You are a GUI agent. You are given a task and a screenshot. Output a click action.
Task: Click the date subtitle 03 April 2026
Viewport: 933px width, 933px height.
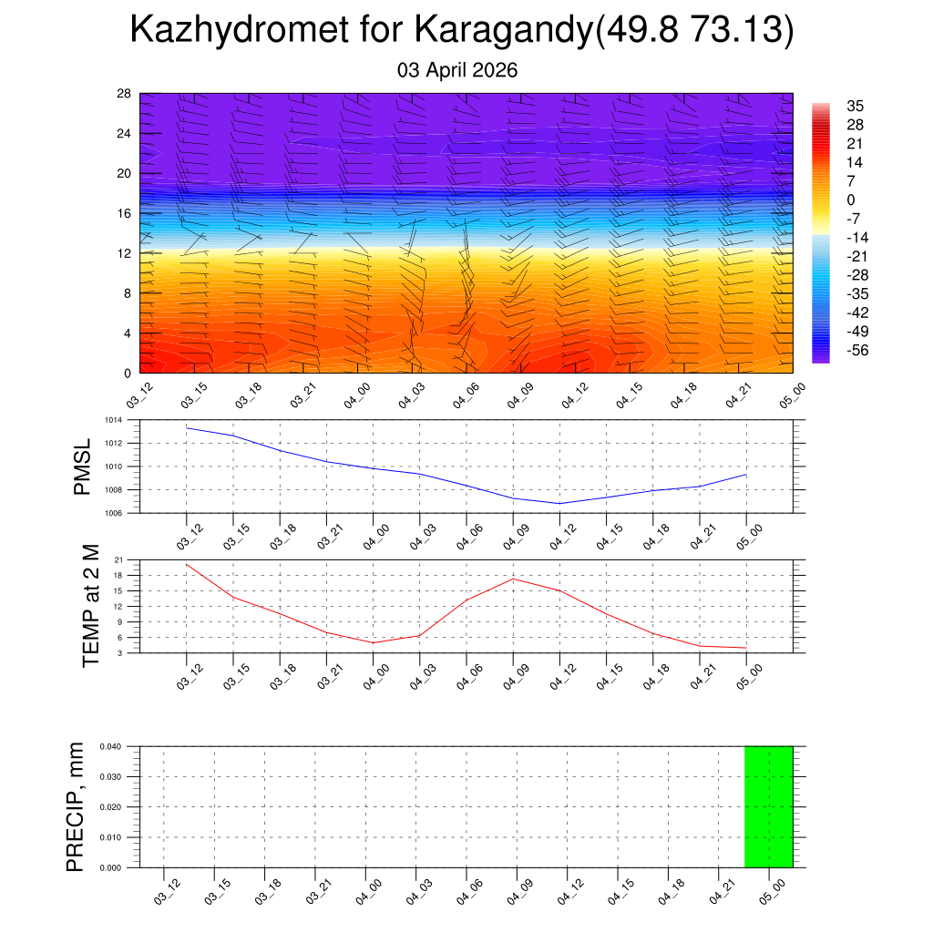[457, 70]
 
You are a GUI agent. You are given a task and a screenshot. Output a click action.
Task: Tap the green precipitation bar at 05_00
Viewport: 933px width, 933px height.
[768, 806]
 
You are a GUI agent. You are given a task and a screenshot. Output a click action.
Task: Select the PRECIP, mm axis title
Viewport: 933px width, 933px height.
[76, 806]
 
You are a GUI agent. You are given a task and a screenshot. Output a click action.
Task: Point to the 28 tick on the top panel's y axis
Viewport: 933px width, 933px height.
[125, 94]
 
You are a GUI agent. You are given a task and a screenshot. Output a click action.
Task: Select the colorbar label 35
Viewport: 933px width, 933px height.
[855, 106]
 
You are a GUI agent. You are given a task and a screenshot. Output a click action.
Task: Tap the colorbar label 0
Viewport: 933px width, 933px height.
[851, 200]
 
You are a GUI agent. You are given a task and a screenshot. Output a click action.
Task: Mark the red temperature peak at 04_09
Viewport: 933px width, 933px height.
[513, 579]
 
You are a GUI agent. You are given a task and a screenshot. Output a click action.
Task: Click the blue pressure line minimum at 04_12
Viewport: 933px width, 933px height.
[559, 503]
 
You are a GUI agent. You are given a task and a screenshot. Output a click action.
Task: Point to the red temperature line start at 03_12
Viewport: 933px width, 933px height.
[187, 564]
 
